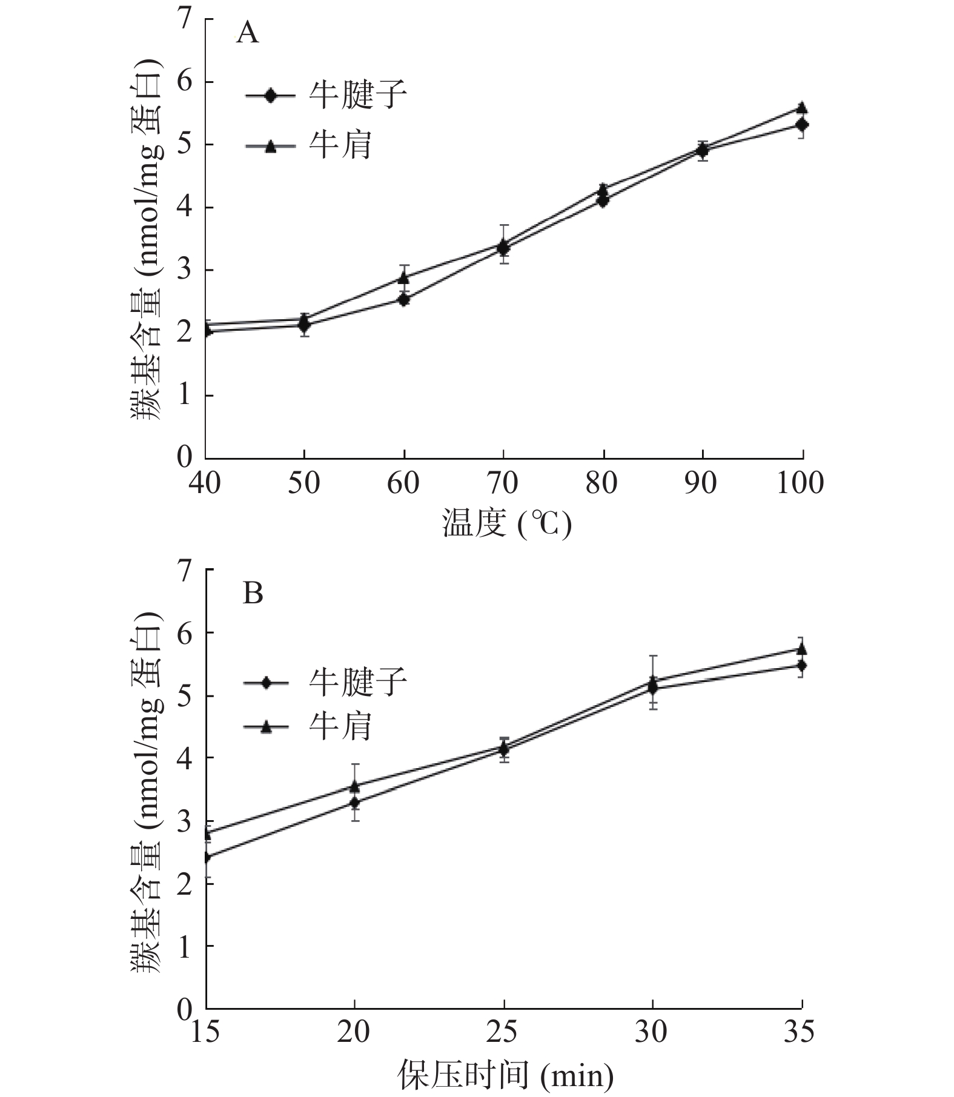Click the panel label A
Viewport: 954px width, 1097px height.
tap(247, 33)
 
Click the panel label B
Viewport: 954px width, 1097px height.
tap(253, 594)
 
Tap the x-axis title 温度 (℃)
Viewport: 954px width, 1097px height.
tap(506, 523)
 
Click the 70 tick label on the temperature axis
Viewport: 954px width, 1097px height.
tap(503, 483)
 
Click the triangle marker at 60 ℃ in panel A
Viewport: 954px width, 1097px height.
tap(404, 278)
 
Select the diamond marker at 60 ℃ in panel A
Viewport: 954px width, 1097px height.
tap(404, 299)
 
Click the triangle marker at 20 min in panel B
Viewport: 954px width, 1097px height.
tap(355, 786)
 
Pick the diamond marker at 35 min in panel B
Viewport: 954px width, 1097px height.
tap(802, 665)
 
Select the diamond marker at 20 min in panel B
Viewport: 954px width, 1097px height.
tap(355, 803)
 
